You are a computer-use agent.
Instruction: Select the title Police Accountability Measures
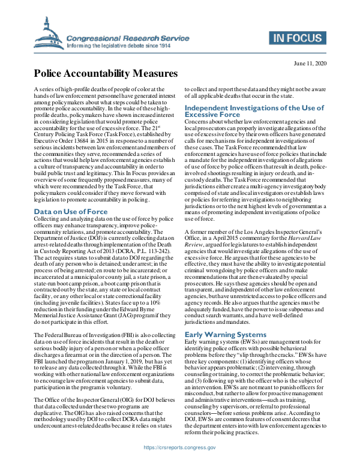tap(105, 74)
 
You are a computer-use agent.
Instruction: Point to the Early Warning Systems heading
tap(224, 334)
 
